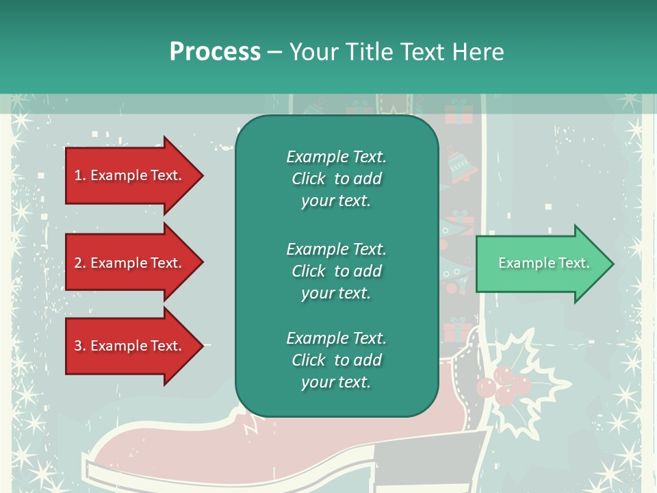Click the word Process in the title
tap(215, 52)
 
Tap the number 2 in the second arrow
tap(78, 263)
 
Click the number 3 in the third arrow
tap(78, 346)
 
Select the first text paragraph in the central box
tap(336, 179)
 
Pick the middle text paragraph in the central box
tap(336, 270)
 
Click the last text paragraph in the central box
tap(336, 360)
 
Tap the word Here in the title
tap(478, 52)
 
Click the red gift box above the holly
tap(457, 333)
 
